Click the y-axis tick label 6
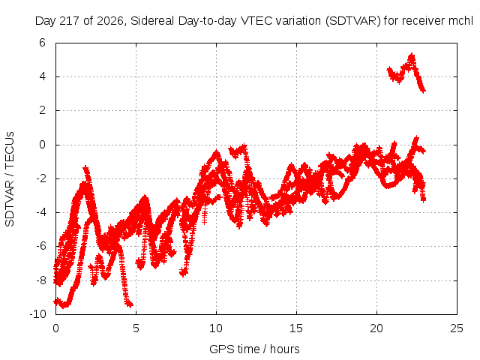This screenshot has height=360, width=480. [42, 43]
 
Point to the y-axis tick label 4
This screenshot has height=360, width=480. [42, 76]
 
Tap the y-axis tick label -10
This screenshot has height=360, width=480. [37, 313]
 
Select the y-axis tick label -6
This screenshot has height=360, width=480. [40, 246]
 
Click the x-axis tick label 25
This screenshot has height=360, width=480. [457, 328]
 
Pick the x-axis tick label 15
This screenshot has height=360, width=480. [296, 328]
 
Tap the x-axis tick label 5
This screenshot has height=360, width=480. [136, 328]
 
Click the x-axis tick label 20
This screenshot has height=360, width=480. [376, 328]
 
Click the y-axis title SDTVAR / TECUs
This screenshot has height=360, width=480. [10, 179]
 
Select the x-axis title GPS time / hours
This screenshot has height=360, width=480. [254, 349]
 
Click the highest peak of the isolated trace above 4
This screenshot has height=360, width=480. [412, 55]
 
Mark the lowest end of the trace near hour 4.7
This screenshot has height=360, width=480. [130, 304]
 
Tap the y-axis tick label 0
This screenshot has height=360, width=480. [42, 145]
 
